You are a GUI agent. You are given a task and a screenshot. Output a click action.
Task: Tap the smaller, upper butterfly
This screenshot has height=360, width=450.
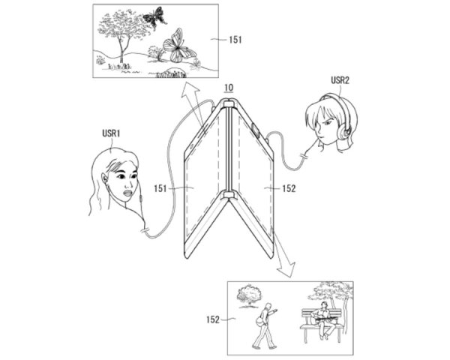pos(154,17)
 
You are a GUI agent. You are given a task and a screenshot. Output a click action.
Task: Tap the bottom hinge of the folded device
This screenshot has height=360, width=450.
pos(225,196)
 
